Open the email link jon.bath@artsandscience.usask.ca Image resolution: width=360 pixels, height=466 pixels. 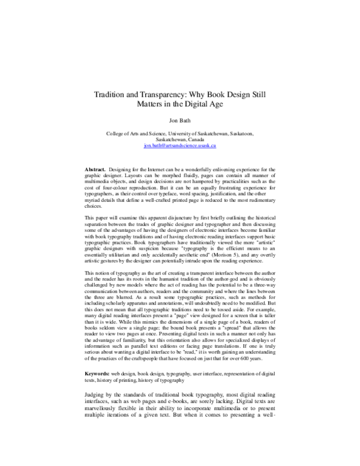179,146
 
